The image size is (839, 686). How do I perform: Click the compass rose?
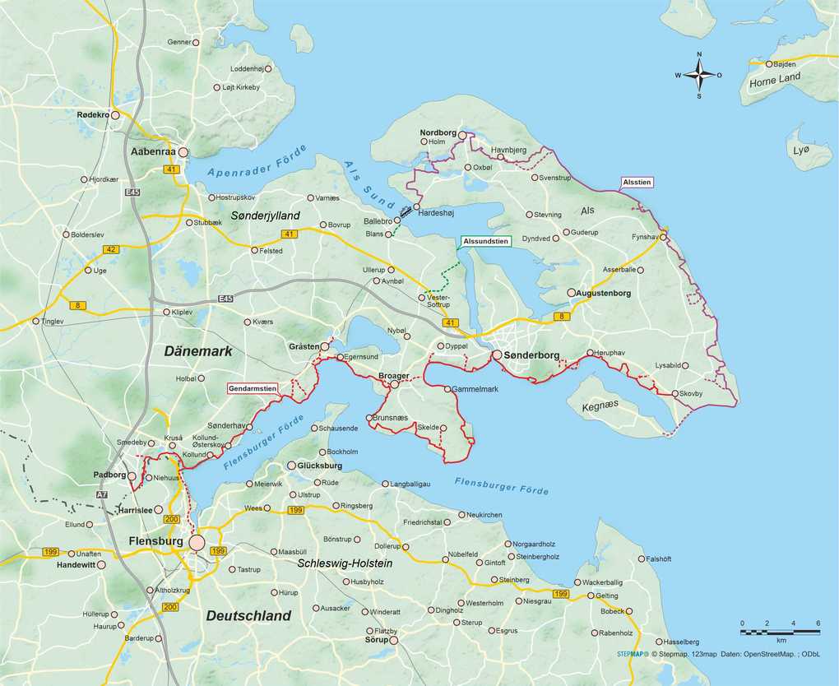699,75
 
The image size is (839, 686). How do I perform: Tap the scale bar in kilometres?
780,631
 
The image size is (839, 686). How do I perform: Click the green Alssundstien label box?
484,241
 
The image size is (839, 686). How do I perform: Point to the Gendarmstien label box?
253,387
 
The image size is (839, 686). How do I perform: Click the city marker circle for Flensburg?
197,543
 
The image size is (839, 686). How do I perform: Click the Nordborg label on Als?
437,132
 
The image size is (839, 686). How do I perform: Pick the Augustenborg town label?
610,293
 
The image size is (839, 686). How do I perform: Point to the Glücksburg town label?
320,466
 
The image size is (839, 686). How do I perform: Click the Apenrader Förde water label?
257,162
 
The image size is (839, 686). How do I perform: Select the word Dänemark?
197,351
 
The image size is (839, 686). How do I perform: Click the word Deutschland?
248,615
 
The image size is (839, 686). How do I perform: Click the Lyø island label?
800,150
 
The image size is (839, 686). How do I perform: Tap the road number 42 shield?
113,249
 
